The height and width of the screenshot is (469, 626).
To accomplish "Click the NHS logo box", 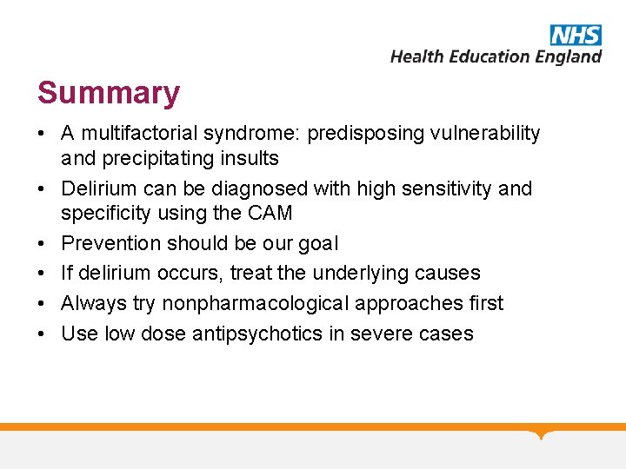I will click(x=576, y=35).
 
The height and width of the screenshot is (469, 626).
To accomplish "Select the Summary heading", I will click(x=109, y=93).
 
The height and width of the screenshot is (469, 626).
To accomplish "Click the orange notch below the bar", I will click(x=542, y=434).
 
